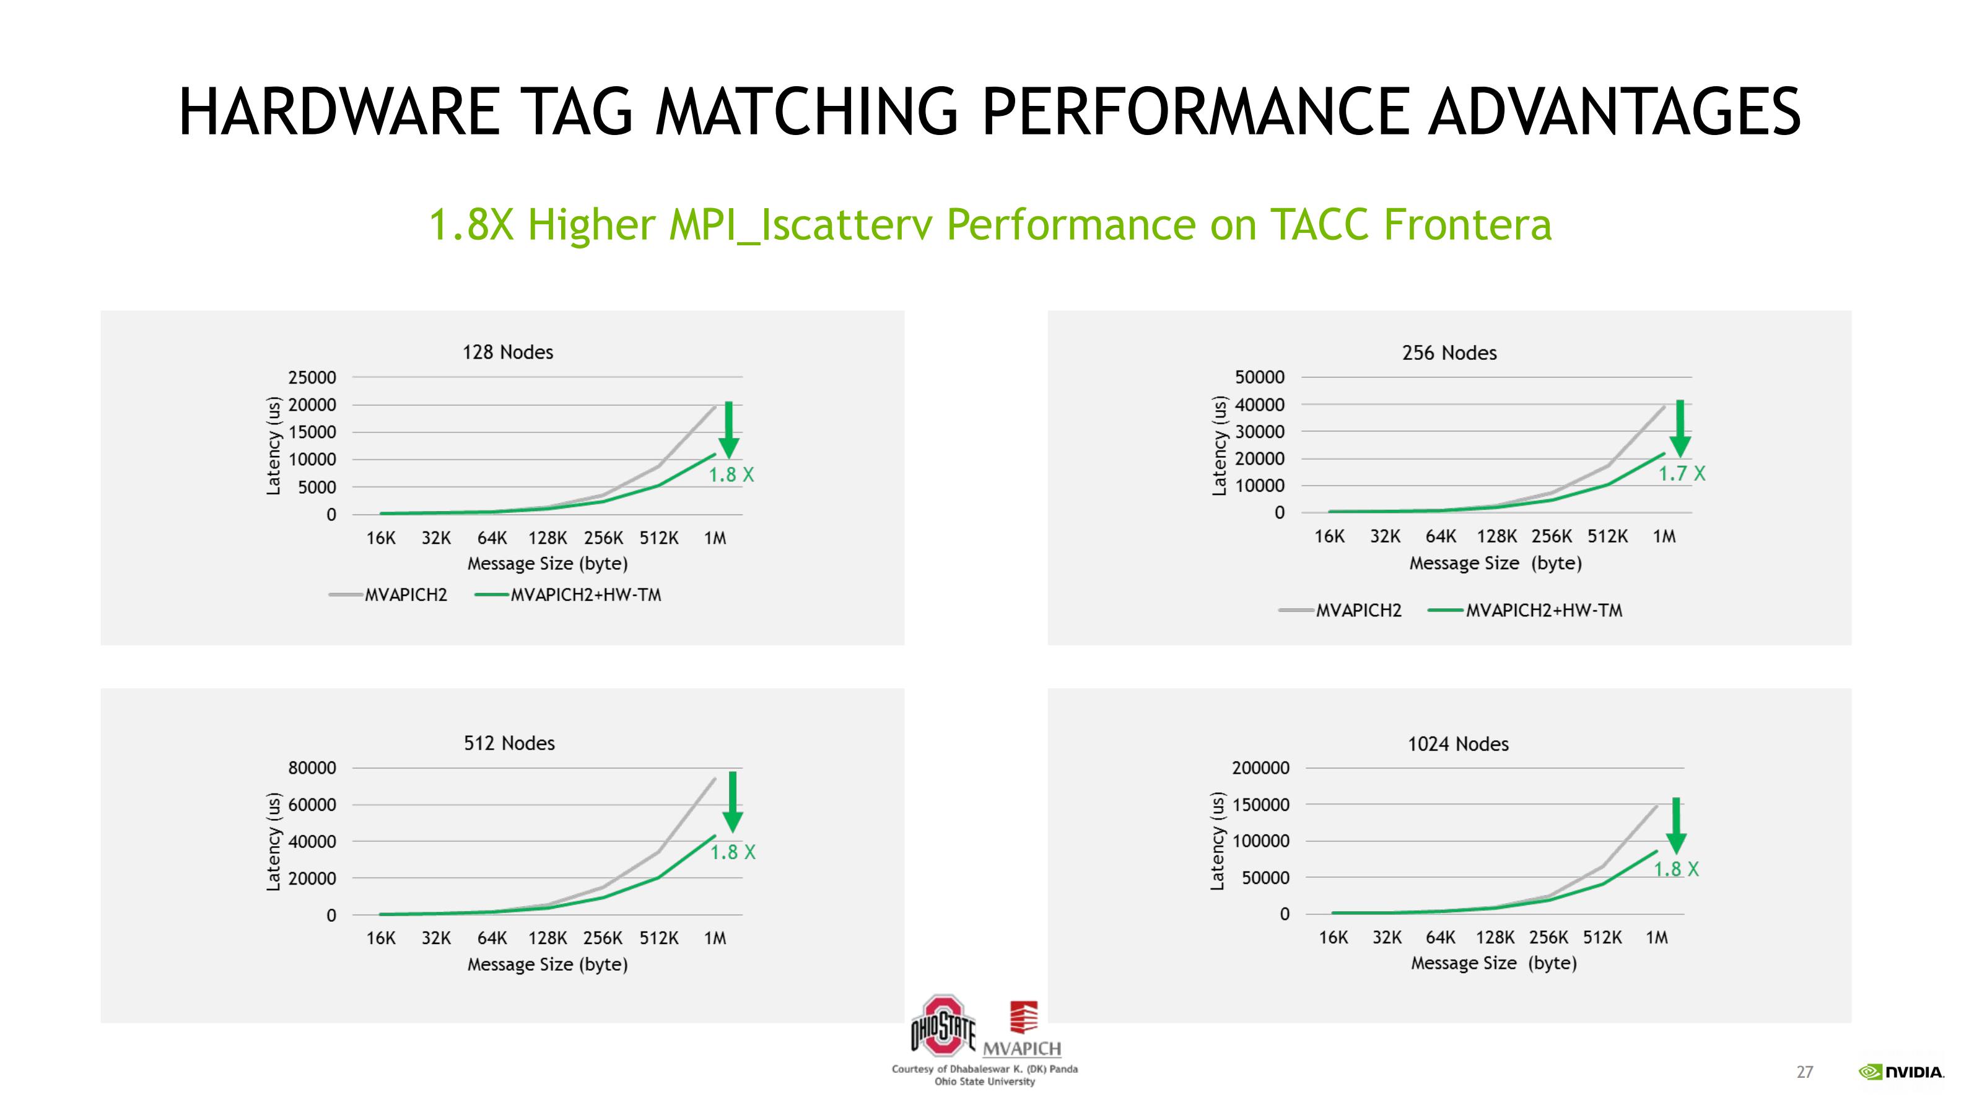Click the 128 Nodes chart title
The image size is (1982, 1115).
(508, 352)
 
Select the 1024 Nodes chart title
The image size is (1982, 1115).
(1458, 744)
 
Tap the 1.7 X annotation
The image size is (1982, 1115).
(1682, 473)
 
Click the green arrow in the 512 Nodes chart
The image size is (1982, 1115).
(733, 802)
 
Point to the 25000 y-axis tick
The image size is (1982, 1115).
(312, 377)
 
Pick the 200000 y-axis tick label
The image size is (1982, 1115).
(1260, 768)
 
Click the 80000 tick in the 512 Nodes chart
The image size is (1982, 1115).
(312, 768)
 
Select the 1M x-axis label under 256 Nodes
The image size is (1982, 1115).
(1664, 536)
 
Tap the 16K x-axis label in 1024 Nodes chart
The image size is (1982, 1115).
(1334, 937)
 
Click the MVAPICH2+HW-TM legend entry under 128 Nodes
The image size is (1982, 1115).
(569, 595)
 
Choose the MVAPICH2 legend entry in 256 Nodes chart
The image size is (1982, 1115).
(1340, 610)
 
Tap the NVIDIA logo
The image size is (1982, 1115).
(1901, 1072)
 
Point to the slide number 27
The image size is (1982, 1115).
(1805, 1072)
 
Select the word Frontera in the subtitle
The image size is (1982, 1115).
(1467, 225)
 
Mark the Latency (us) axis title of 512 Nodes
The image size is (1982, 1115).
(273, 842)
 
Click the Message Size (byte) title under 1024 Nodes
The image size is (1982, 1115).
(1493, 963)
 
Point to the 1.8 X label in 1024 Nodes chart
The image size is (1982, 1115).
(1677, 870)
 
